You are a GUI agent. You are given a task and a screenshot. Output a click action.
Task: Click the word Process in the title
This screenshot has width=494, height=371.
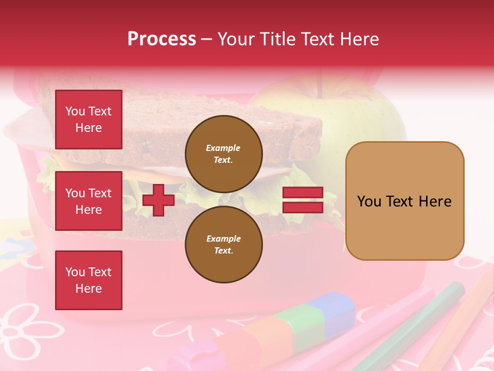(x=162, y=39)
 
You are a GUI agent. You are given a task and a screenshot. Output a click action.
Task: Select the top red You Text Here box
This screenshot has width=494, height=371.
(x=89, y=120)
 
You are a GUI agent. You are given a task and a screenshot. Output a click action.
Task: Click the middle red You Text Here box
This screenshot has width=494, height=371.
(x=89, y=201)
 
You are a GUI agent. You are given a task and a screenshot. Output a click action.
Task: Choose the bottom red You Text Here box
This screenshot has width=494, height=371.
(x=89, y=280)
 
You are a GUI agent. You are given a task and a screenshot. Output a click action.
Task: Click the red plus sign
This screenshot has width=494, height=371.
(x=158, y=200)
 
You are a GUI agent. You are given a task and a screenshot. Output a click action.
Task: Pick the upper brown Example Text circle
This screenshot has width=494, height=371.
(x=223, y=154)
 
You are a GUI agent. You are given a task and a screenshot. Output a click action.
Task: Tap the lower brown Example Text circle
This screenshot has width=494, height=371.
(x=223, y=245)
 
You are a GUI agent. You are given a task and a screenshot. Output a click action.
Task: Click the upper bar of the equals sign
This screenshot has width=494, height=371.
(x=303, y=193)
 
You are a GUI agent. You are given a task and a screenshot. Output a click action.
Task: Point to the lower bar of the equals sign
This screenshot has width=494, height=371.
(x=303, y=207)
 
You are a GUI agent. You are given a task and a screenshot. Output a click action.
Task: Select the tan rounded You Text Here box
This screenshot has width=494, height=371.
(x=404, y=201)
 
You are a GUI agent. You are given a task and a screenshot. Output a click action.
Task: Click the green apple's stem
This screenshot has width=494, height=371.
(x=322, y=82)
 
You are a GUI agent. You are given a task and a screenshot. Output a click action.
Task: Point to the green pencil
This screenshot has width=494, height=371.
(x=422, y=319)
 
